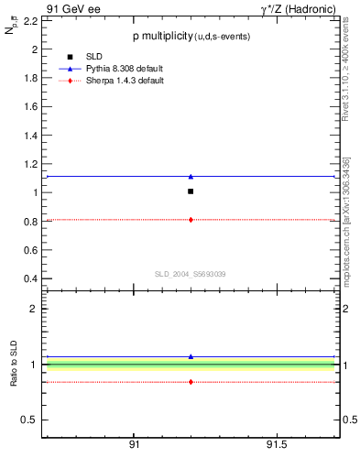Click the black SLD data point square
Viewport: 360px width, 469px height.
[x=191, y=191]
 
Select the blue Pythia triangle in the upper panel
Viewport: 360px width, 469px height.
[x=191, y=176]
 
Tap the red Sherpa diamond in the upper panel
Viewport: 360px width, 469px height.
[x=191, y=220]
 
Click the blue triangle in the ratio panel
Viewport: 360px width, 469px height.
[x=191, y=356]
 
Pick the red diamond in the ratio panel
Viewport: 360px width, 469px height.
[x=191, y=381]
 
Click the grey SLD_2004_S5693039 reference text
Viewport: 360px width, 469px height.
[x=190, y=273]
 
